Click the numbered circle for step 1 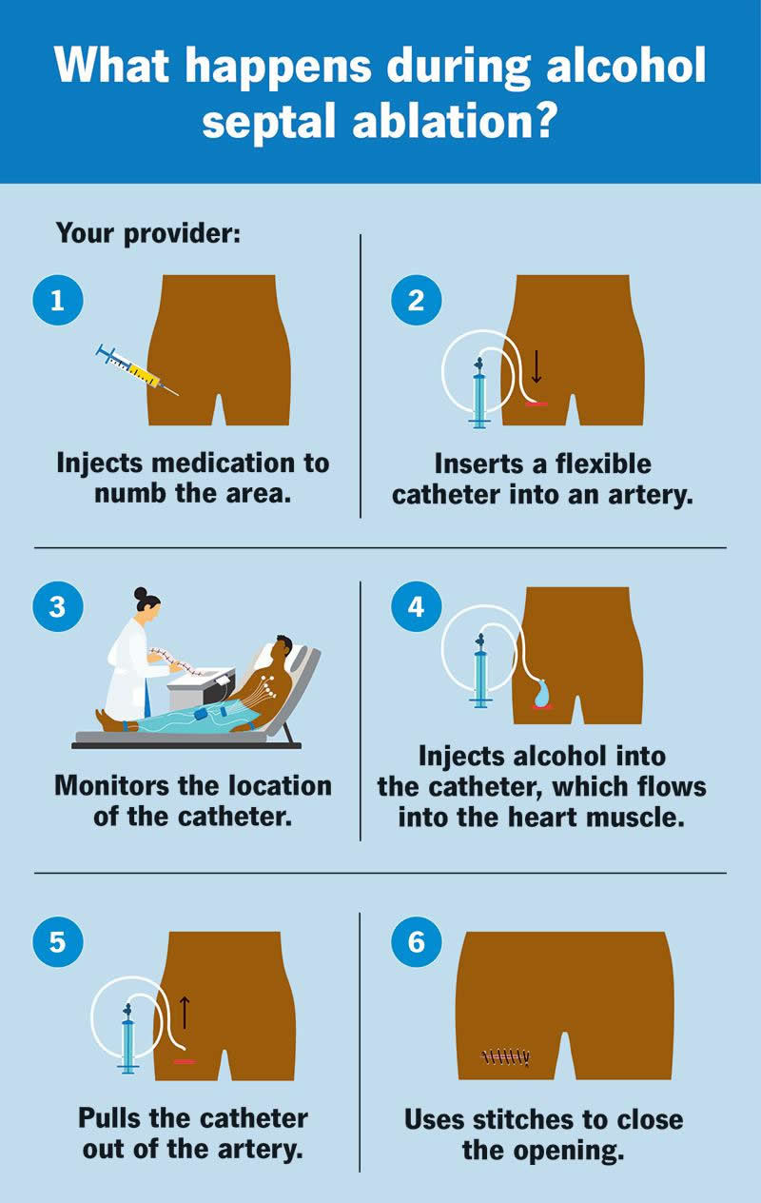tap(58, 300)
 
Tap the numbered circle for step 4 tap(417, 606)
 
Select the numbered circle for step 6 tap(417, 942)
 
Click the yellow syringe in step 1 tap(136, 370)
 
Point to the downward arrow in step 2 tap(537, 366)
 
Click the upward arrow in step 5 tap(185, 1012)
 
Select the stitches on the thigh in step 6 tap(505, 1057)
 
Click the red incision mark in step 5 tap(185, 1062)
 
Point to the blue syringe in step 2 tap(478, 393)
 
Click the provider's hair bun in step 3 tap(140, 594)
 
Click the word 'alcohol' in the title tap(626, 65)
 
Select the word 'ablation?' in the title tap(453, 122)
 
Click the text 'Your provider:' tap(148, 233)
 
